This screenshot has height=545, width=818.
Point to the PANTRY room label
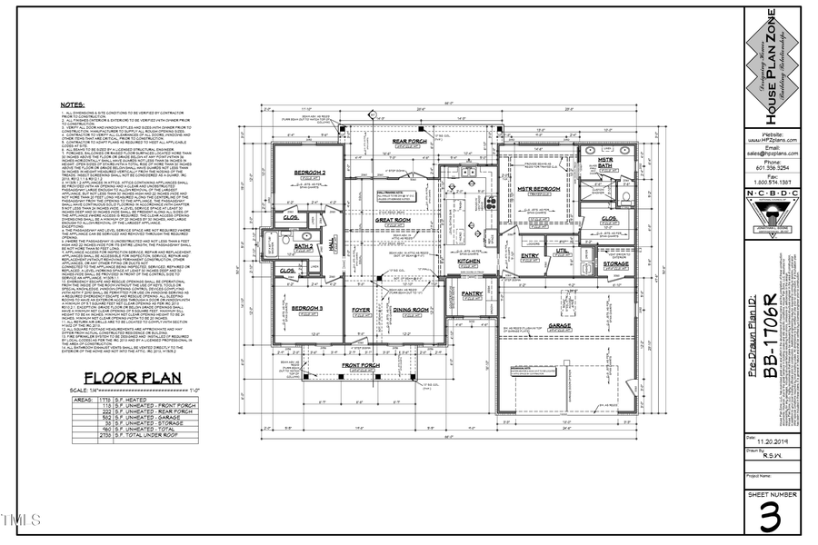[x=471, y=294]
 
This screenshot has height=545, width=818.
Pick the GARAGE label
[x=558, y=324]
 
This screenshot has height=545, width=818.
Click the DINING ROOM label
[x=410, y=311]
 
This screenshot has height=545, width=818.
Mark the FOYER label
[x=361, y=311]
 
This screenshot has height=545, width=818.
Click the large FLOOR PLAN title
[x=132, y=379]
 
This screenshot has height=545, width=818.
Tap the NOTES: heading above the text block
[x=73, y=105]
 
